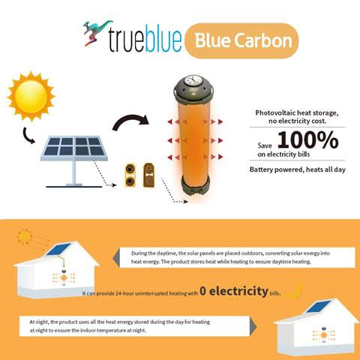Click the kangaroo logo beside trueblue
click(96, 33)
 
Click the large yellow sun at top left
click(31, 96)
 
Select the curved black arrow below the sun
click(28, 136)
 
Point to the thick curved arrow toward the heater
click(130, 121)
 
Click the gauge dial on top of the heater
click(194, 81)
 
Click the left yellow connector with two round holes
click(130, 175)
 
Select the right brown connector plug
click(148, 175)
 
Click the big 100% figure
click(308, 140)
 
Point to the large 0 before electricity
click(203, 291)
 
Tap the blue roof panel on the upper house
click(58, 249)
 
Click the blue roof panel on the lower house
click(318, 307)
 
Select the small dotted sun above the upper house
click(25, 237)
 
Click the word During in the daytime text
click(139, 253)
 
